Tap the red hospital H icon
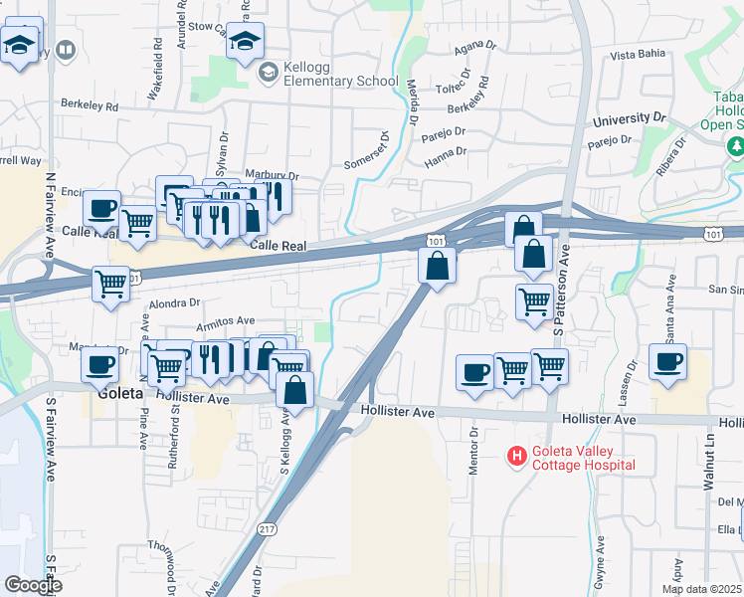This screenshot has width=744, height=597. click(516, 457)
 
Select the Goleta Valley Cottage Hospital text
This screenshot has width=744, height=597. click(583, 457)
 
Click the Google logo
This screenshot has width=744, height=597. click(32, 585)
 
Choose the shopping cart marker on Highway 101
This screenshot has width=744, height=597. click(110, 283)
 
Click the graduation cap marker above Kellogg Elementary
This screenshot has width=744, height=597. click(245, 42)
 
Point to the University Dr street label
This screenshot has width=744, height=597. click(629, 120)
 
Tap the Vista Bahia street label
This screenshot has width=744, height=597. click(637, 55)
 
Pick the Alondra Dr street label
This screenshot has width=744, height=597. click(174, 302)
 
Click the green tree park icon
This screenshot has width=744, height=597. click(736, 147)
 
